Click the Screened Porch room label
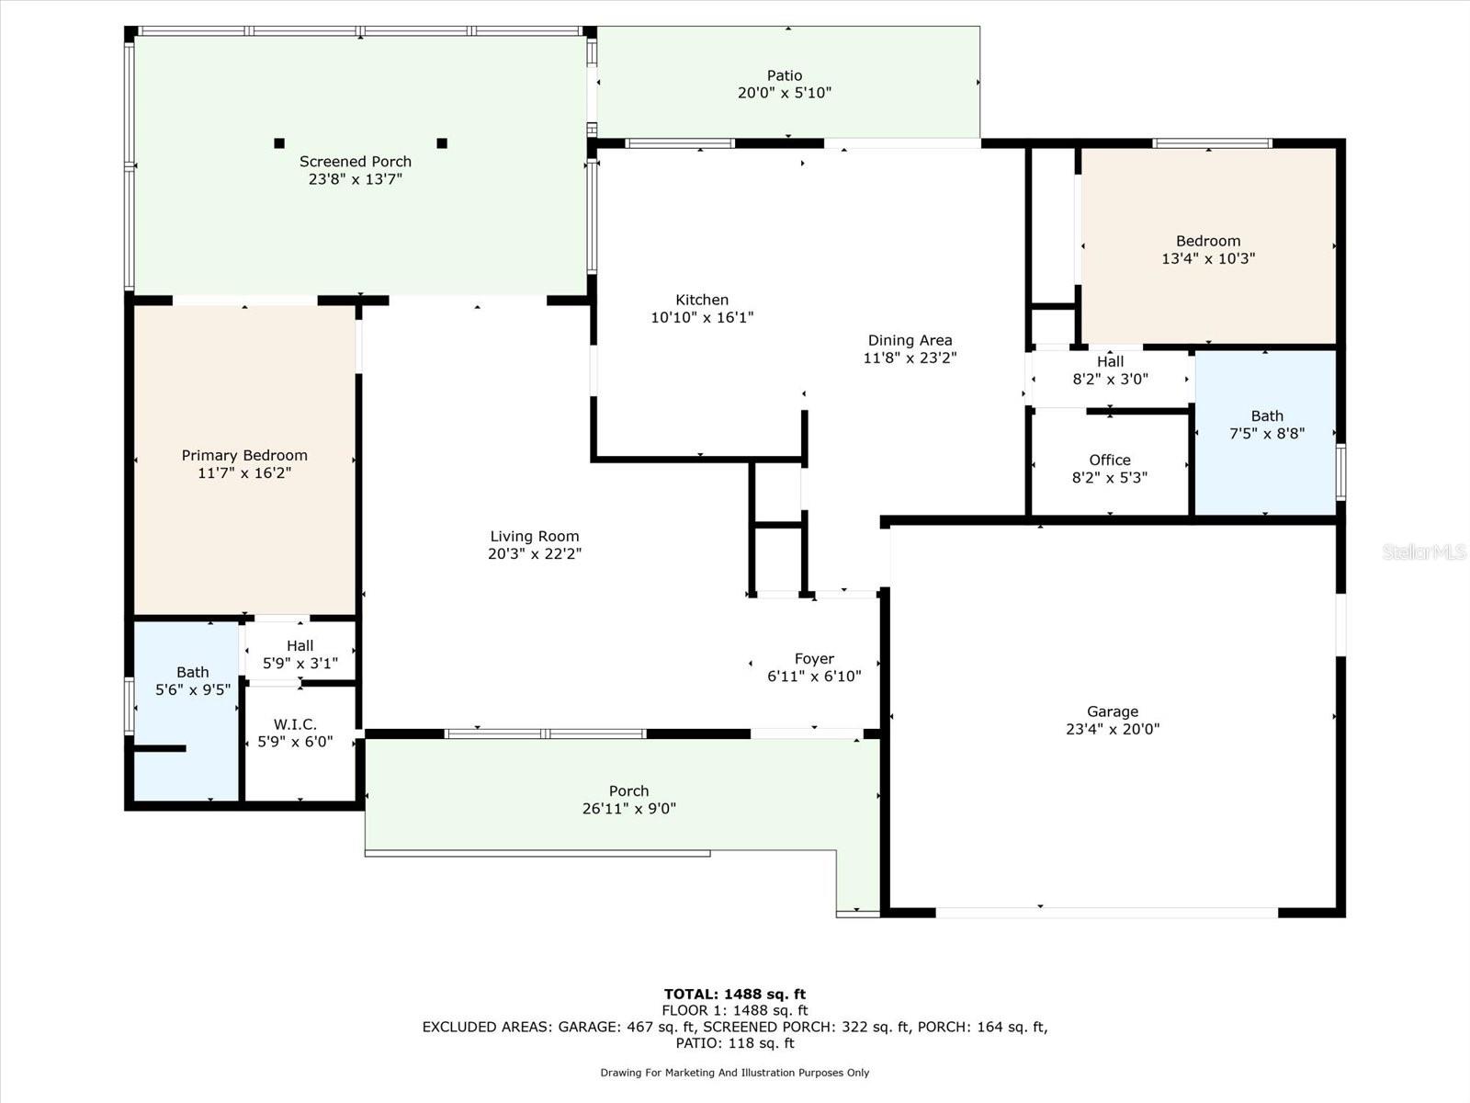click(x=355, y=162)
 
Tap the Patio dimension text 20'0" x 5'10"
click(x=785, y=93)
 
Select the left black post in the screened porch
click(x=279, y=142)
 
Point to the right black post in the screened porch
click(x=442, y=142)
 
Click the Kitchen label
click(x=702, y=300)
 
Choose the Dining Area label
click(x=910, y=340)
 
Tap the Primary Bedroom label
click(x=244, y=455)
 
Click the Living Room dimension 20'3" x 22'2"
click(x=535, y=553)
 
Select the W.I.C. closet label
click(x=295, y=724)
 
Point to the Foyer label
click(x=814, y=658)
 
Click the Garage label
click(x=1113, y=711)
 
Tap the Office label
click(x=1110, y=461)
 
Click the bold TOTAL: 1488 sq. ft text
click(x=735, y=994)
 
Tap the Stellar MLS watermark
click(x=1424, y=551)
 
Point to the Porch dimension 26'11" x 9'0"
click(x=628, y=808)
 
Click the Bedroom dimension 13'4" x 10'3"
click(x=1208, y=258)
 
